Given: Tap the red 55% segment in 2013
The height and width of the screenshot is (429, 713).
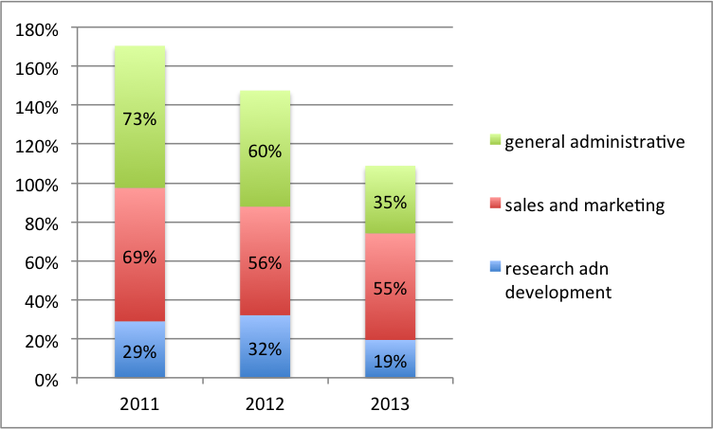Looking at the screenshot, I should (390, 287).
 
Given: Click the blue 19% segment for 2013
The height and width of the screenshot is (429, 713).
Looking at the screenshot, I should (390, 360).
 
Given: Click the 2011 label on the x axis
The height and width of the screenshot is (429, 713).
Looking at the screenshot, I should (139, 404).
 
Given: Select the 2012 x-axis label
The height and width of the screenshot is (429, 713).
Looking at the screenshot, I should (265, 404).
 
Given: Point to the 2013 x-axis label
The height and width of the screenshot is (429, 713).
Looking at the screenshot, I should (390, 404).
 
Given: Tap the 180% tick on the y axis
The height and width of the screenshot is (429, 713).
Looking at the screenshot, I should (38, 29).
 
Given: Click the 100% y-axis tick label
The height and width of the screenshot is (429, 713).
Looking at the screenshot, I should (38, 185).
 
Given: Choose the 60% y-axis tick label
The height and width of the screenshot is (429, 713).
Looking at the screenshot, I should (43, 262).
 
